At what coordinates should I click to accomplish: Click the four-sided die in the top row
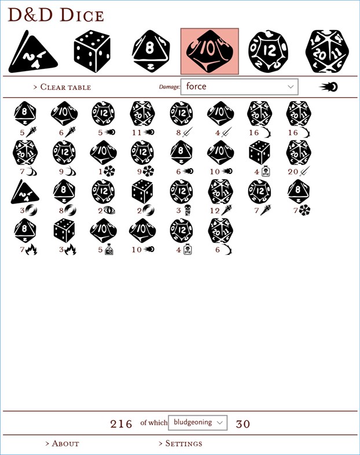[33, 52]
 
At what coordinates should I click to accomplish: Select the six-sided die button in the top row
[92, 51]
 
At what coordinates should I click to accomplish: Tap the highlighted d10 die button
[210, 51]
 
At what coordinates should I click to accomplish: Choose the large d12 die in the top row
[268, 51]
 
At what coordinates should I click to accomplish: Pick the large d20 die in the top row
[327, 51]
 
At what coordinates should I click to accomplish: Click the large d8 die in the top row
[150, 52]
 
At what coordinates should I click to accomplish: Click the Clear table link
[62, 87]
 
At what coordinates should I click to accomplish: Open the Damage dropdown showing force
[239, 87]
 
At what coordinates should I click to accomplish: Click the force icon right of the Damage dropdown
[329, 87]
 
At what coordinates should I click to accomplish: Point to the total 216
[122, 424]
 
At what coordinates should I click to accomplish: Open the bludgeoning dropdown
[197, 423]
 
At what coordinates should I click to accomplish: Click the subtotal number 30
[243, 424]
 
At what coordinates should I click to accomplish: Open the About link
[62, 443]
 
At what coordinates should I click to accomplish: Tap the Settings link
[181, 443]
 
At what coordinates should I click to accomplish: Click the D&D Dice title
[56, 16]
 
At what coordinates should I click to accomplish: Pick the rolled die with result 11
[142, 113]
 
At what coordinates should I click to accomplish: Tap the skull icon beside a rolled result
[188, 210]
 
